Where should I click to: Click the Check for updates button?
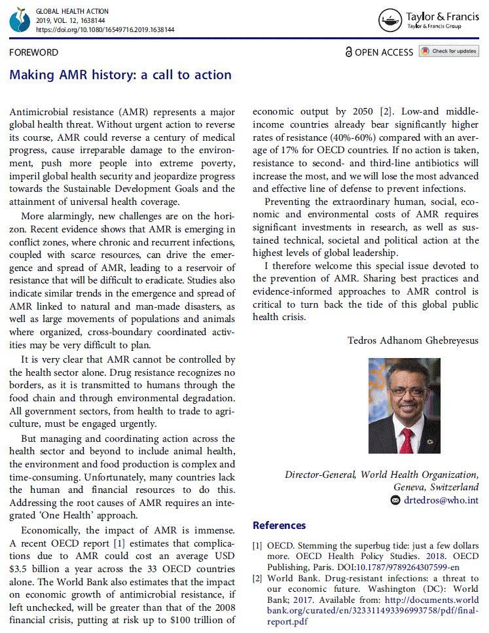point(449,52)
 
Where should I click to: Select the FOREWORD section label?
point(33,52)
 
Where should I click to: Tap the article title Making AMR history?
point(120,75)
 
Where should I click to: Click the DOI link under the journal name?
point(105,30)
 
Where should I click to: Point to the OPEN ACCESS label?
point(379,52)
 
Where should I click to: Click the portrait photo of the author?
point(405,408)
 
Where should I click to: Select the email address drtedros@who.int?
point(441,500)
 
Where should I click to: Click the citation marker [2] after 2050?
point(387,112)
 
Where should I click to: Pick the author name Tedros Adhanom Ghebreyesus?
point(413,341)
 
